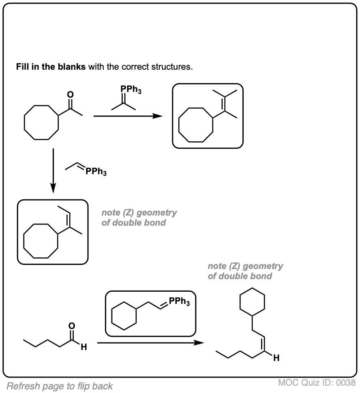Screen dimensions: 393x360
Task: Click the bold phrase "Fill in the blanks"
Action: coord(51,66)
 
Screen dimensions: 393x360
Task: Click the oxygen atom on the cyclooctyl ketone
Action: coord(71,94)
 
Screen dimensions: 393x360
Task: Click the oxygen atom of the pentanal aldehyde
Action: coord(72,325)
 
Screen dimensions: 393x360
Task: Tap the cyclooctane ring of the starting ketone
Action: coord(41,123)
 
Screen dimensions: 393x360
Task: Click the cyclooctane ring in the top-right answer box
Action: coord(196,124)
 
